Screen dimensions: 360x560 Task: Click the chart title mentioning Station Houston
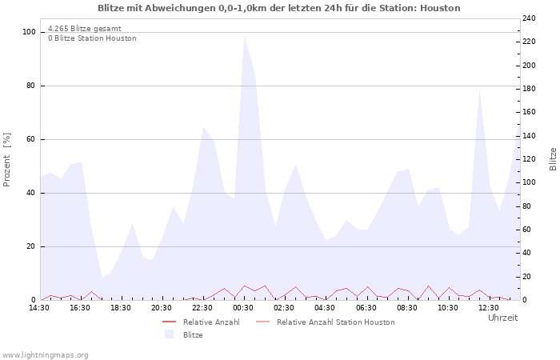pos(279,8)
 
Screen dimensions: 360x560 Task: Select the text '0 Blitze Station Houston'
pos(92,38)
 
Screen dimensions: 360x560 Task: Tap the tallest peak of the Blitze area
pos(244,37)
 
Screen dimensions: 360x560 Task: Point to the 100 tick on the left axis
pos(30,32)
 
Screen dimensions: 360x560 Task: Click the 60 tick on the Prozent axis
pos(31,139)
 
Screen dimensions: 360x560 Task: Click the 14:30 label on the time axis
pos(39,308)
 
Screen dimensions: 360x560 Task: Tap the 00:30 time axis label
pos(244,308)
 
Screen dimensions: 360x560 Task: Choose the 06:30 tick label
pos(366,308)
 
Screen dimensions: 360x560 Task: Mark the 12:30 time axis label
pos(489,308)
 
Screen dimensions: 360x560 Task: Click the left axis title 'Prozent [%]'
pos(7,160)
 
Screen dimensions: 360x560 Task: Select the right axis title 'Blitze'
pos(553,158)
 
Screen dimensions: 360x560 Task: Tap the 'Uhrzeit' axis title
pos(502,318)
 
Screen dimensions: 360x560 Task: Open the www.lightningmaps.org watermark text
pos(45,354)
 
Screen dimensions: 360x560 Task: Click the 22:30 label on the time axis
pos(203,308)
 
